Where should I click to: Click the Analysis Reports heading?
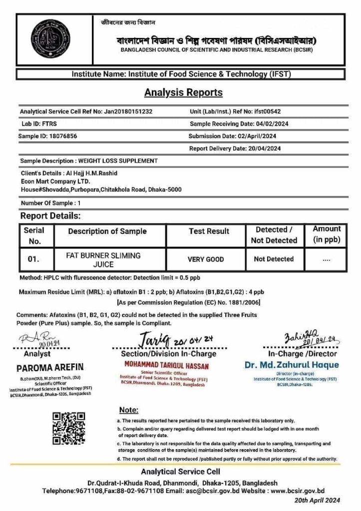click(183, 92)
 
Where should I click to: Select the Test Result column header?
click(209, 232)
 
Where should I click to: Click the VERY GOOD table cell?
click(206, 259)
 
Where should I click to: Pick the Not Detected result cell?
click(274, 259)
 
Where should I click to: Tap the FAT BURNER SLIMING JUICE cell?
click(103, 259)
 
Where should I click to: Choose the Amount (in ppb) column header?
click(327, 234)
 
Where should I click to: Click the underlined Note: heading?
click(129, 410)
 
